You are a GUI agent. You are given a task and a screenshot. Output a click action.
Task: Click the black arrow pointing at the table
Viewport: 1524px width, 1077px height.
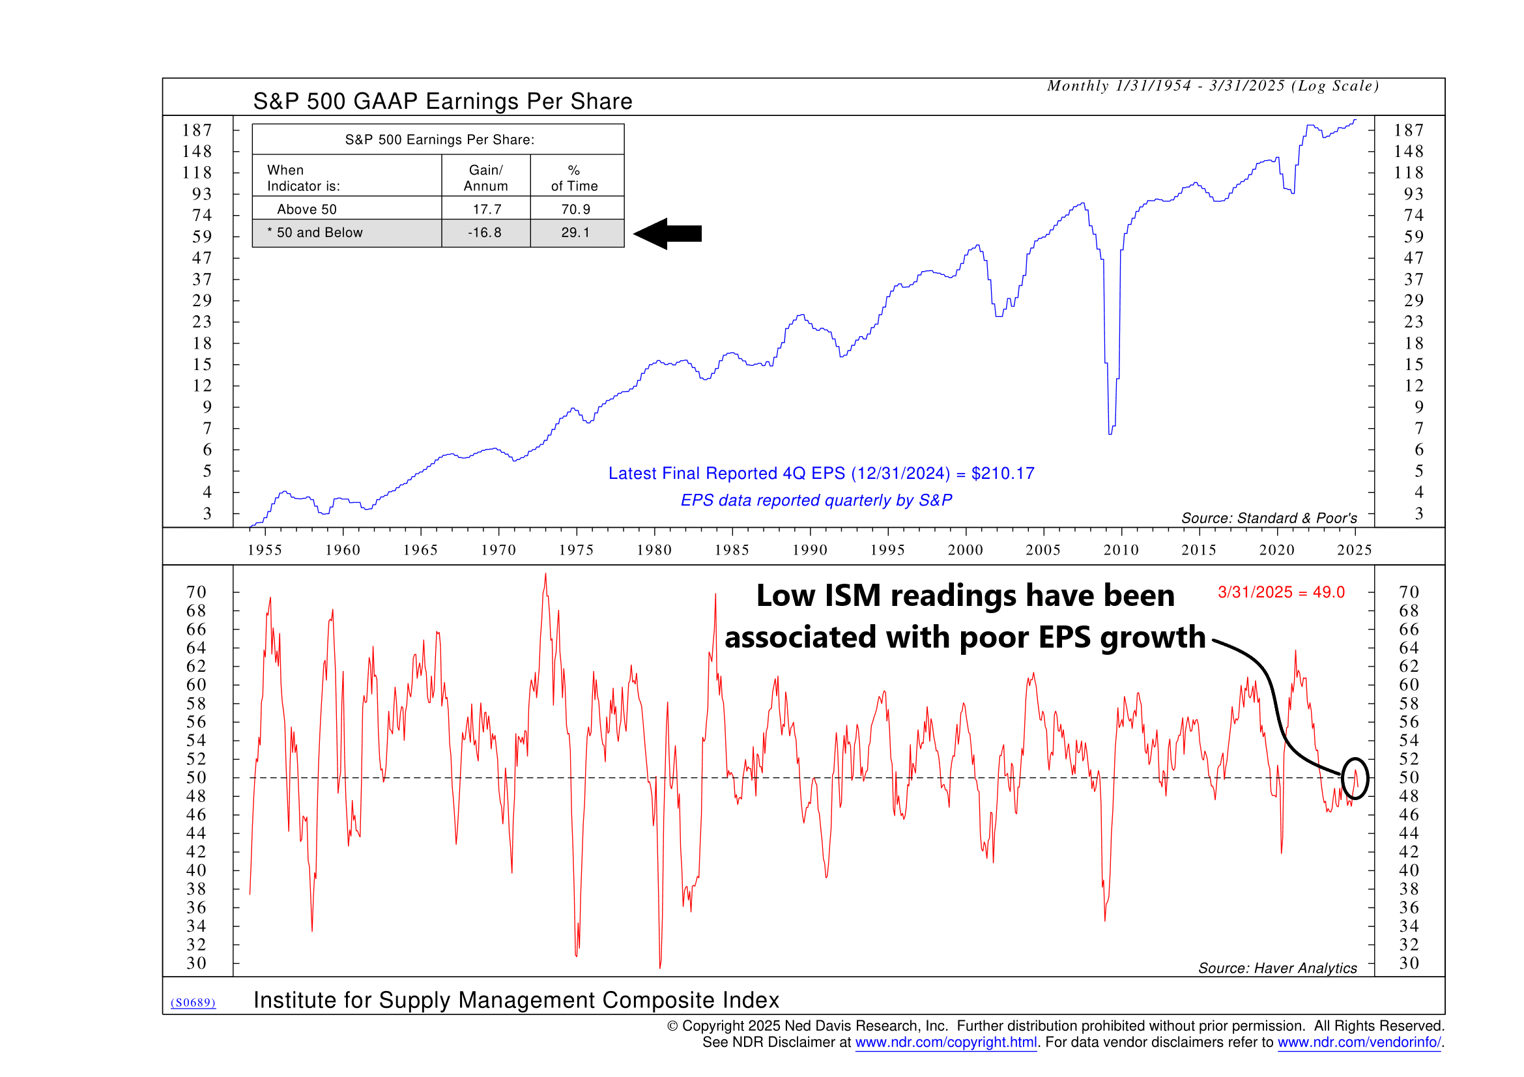coord(667,234)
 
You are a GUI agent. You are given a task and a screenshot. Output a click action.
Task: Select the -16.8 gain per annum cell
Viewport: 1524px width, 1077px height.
coord(485,233)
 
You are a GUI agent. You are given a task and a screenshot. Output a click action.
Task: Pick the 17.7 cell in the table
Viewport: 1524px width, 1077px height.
coord(487,210)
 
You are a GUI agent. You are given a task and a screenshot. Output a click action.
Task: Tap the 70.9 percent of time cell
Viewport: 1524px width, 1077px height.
coord(575,210)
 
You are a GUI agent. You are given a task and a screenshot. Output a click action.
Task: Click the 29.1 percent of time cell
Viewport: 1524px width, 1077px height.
coord(575,233)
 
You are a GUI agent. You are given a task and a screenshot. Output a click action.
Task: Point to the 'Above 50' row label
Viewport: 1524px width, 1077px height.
coord(307,210)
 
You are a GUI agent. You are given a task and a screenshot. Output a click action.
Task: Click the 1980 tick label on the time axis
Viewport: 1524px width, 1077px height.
coord(654,550)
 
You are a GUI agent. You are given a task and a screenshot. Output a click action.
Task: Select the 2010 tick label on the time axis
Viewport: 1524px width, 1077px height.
coord(1121,550)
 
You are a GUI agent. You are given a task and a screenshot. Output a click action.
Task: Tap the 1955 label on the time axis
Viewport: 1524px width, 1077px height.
coord(264,550)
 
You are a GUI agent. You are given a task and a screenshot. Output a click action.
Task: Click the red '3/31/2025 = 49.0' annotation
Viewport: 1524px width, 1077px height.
coord(1281,593)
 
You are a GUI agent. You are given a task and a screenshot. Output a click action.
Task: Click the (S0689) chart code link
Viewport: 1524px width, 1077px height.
coord(193,1003)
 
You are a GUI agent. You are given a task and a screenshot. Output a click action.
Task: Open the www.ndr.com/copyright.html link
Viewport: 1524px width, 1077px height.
coord(946,1042)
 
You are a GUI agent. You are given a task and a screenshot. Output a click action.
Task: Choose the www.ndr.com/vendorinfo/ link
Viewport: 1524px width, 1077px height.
coord(1359,1042)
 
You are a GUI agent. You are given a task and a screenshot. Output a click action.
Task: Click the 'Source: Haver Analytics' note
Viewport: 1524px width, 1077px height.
coord(1277,968)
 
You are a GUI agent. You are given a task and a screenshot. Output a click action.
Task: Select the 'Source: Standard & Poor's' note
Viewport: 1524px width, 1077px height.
coord(1269,518)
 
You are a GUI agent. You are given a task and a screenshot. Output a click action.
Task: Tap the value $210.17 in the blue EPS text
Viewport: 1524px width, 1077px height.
coord(1002,474)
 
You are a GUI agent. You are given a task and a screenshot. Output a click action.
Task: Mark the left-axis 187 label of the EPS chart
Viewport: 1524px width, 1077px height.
coord(197,131)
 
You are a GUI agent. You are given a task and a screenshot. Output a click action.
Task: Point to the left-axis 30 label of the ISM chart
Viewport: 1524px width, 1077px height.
coord(197,964)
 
